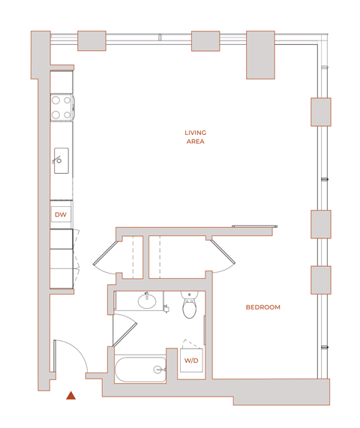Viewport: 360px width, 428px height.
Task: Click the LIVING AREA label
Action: click(x=195, y=136)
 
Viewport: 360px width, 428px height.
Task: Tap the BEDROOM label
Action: click(x=262, y=307)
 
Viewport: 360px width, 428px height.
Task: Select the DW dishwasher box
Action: click(x=61, y=215)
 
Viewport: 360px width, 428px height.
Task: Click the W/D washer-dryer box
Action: click(x=192, y=361)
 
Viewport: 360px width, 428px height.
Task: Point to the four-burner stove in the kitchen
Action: click(x=61, y=107)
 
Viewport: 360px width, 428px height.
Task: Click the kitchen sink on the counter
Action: click(x=61, y=160)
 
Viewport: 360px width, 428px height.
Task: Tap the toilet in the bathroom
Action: click(x=190, y=306)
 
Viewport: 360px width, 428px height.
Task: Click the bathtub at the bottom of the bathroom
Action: click(x=140, y=369)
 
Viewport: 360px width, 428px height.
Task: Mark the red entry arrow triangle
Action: click(x=70, y=395)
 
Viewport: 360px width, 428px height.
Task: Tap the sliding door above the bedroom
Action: click(x=254, y=226)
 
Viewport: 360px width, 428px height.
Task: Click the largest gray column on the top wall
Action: click(x=265, y=55)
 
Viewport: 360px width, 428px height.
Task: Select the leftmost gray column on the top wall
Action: click(x=91, y=40)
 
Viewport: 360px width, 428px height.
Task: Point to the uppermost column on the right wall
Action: click(x=321, y=112)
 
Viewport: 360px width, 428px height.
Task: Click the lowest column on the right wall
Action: click(x=321, y=280)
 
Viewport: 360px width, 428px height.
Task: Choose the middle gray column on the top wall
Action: click(x=205, y=40)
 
